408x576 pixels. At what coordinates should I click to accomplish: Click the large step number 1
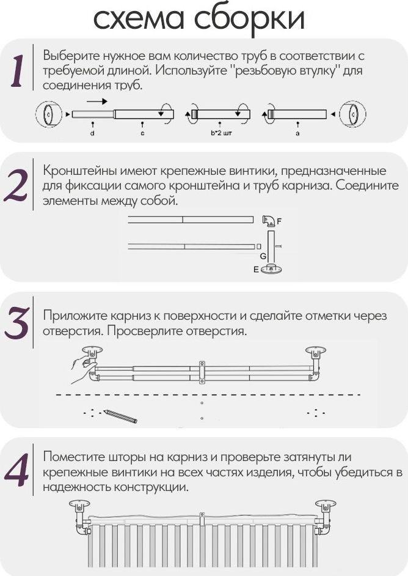(x=17, y=72)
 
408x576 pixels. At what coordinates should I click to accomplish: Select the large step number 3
(x=17, y=323)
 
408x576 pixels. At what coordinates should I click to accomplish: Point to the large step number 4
(x=17, y=470)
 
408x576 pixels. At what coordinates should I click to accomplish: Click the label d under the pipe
(x=92, y=133)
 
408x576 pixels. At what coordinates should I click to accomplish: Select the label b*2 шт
(x=221, y=133)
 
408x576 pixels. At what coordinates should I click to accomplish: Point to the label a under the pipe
(x=297, y=133)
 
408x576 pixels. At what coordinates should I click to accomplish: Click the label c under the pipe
(x=142, y=133)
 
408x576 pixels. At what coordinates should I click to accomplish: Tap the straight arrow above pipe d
(x=97, y=101)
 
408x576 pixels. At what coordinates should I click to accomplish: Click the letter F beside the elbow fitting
(x=280, y=221)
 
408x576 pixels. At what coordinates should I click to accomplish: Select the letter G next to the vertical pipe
(x=263, y=256)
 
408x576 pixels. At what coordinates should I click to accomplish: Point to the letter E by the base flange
(x=256, y=270)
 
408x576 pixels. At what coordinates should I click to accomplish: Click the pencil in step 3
(x=120, y=416)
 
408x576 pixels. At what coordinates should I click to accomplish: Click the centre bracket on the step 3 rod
(x=202, y=372)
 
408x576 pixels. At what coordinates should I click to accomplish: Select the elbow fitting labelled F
(x=269, y=220)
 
